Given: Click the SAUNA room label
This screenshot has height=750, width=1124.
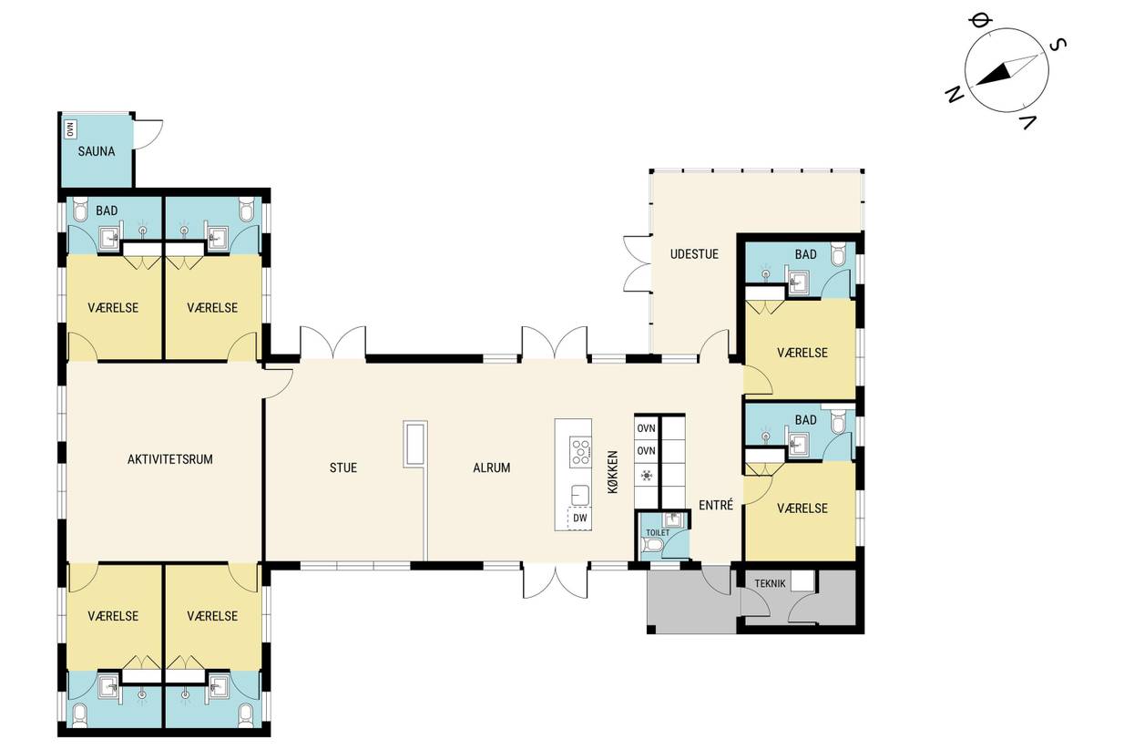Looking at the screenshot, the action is tap(97, 151).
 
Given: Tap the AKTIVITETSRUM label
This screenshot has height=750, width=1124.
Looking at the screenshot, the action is tap(170, 459).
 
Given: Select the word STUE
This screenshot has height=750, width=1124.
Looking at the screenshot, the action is tap(343, 467).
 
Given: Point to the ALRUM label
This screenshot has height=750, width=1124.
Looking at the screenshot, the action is tap(492, 467).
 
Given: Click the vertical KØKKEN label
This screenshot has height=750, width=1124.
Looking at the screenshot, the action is tap(613, 472).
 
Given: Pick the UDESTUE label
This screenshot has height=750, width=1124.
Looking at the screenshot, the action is tap(694, 254).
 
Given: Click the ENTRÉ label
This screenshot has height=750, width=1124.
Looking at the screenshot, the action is tap(716, 505).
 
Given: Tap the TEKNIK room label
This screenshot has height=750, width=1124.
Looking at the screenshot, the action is tap(770, 584).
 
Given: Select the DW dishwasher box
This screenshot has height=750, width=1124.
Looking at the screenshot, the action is tap(579, 518).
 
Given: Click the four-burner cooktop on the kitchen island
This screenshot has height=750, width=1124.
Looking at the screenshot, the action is tap(580, 451).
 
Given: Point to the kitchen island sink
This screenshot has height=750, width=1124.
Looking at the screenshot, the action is tap(580, 495).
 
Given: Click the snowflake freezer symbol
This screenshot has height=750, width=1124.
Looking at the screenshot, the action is tap(647, 475).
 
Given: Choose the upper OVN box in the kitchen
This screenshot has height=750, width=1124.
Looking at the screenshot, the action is tap(647, 428).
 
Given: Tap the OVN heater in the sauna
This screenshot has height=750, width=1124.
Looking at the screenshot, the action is tap(70, 129).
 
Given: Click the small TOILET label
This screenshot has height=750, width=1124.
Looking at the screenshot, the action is tap(658, 532).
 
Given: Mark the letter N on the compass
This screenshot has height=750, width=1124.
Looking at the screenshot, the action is tap(955, 95).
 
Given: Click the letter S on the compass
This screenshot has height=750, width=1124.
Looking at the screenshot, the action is tap(1058, 45).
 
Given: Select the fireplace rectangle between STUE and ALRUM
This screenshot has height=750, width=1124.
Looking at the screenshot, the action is tap(415, 445).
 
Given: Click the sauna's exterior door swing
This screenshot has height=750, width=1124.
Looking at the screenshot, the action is tap(149, 135).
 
